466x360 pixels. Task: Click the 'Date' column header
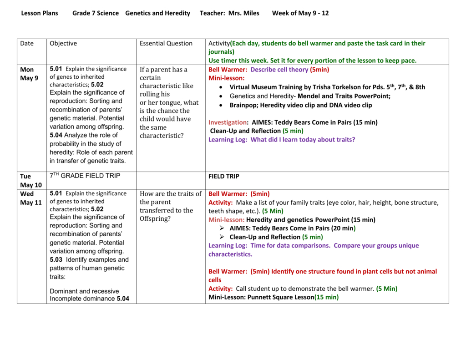click(27, 44)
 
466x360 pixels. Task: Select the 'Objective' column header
click(63, 44)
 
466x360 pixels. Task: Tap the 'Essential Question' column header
click(166, 44)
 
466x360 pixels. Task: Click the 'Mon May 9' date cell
click(29, 74)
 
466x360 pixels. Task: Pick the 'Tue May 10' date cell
click(30, 180)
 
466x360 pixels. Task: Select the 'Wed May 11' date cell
click(30, 198)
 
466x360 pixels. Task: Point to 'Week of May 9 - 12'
click(300, 13)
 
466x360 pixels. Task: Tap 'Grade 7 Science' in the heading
click(96, 13)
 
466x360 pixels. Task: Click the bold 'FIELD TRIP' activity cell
click(224, 176)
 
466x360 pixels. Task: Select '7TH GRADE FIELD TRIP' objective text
click(85, 176)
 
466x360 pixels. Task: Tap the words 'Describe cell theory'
click(279, 70)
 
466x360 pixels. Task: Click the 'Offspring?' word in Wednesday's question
click(155, 218)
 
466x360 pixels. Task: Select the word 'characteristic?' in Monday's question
click(162, 136)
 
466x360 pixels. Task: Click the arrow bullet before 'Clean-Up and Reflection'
click(222, 237)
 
